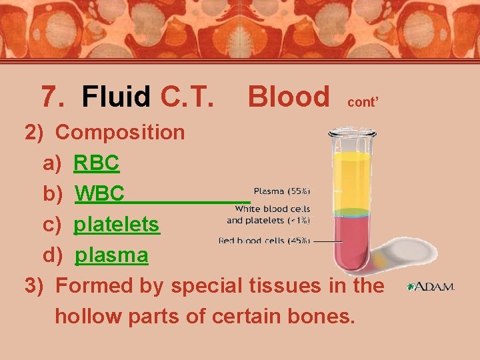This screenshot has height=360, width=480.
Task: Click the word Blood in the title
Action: [x=288, y=97]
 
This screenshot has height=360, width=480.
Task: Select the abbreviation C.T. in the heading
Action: [x=187, y=97]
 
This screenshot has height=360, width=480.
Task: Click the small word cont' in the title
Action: [x=363, y=103]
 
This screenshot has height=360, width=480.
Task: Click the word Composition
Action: [x=120, y=132]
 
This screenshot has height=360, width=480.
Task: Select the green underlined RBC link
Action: [x=97, y=163]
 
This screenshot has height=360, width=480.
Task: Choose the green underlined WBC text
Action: [x=100, y=194]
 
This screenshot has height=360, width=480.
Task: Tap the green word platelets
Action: [x=117, y=225]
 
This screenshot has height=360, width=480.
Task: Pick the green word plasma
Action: [x=111, y=255]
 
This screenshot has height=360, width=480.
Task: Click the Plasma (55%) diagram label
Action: [x=281, y=191]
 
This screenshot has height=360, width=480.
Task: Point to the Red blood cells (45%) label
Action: [x=264, y=241]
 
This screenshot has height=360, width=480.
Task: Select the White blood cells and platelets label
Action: [x=268, y=214]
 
